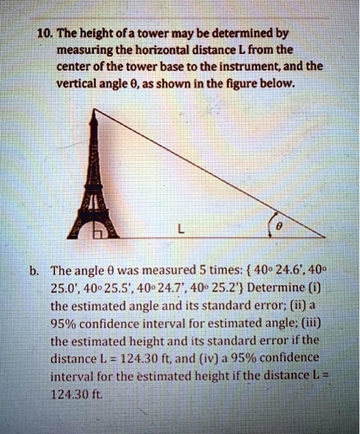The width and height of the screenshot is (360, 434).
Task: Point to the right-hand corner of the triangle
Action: [324, 237]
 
